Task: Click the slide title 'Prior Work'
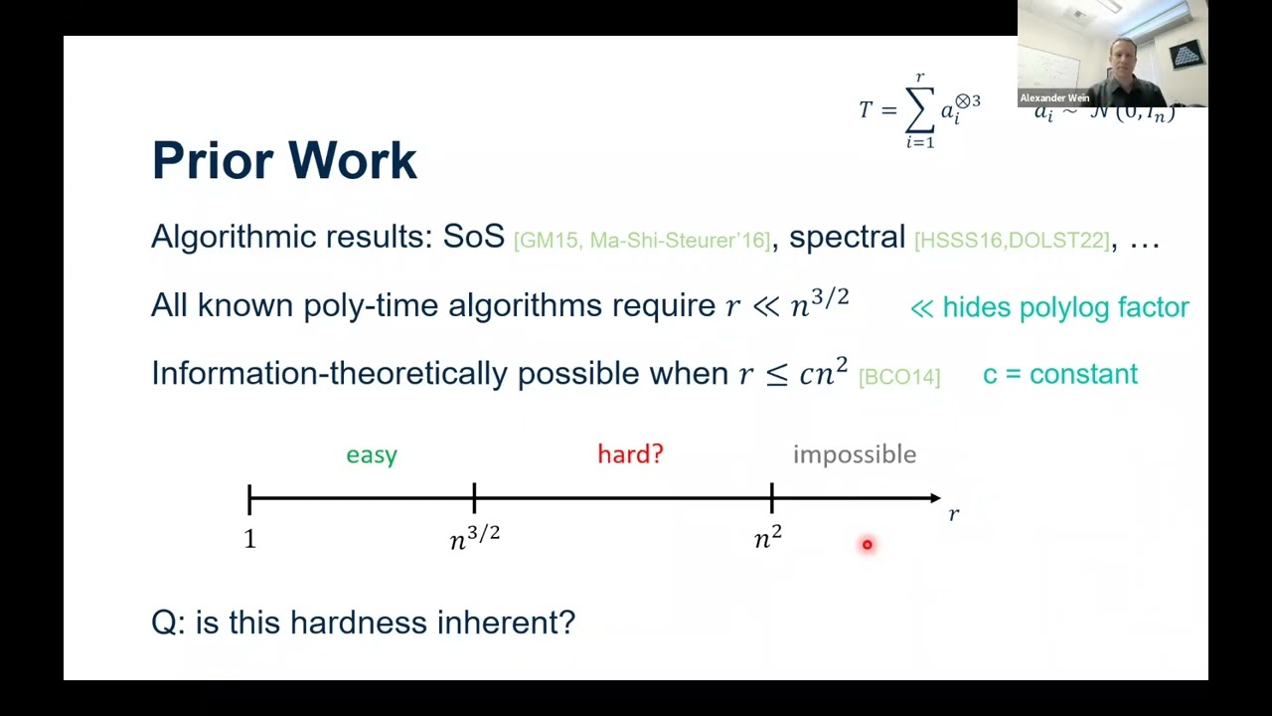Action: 284,161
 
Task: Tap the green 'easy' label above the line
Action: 372,454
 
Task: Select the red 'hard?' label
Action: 630,454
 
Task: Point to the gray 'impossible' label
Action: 855,454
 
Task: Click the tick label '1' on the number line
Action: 249,539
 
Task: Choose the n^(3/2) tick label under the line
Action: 474,537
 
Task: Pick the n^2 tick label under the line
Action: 768,537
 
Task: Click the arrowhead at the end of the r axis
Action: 934,497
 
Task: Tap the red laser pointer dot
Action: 867,544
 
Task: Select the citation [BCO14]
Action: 898,377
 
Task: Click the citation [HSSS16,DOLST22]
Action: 1011,241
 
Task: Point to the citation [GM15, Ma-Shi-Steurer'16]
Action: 642,241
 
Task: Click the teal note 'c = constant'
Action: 1059,374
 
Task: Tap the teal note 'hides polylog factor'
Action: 1065,307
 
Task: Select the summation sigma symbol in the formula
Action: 919,111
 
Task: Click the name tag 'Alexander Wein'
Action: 1054,98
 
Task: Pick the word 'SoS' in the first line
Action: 474,237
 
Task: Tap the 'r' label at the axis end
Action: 954,514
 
